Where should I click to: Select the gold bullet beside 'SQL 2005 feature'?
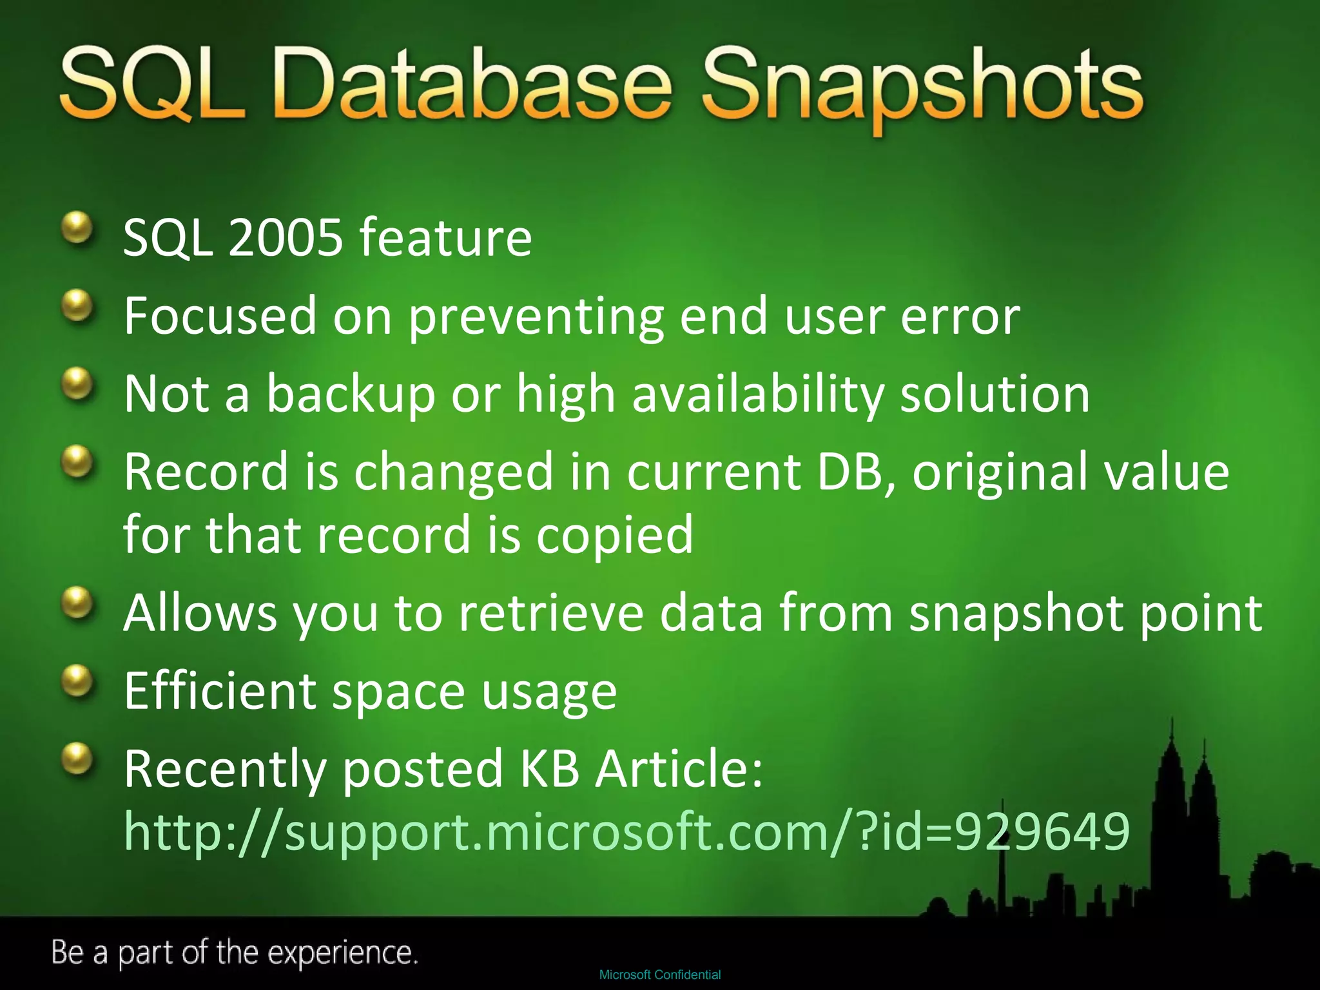point(78,228)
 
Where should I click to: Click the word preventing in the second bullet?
point(536,316)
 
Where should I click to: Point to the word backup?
point(351,394)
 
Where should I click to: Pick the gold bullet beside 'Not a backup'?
point(78,383)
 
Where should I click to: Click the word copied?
point(614,534)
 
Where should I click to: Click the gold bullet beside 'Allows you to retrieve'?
point(78,602)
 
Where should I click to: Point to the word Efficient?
point(220,690)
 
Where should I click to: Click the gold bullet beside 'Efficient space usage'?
point(78,680)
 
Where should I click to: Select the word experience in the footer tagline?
point(342,953)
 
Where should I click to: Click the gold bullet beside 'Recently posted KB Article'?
point(78,758)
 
